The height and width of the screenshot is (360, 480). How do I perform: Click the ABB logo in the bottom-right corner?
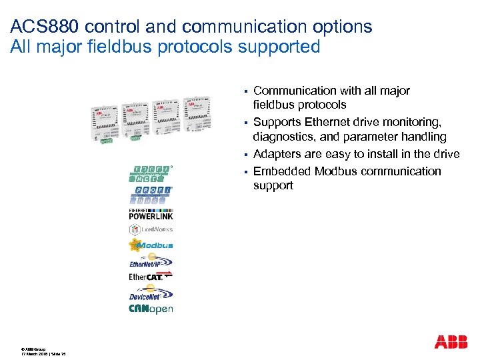[451, 342]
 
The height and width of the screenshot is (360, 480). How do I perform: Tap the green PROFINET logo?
[151, 173]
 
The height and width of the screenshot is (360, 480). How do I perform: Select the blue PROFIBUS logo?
[151, 195]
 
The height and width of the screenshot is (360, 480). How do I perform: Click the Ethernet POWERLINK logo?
[151, 214]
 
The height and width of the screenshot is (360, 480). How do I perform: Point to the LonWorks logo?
[151, 229]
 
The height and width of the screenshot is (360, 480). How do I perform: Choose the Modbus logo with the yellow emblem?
[151, 245]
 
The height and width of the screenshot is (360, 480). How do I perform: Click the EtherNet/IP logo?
[151, 261]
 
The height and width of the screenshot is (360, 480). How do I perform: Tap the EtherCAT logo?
[151, 276]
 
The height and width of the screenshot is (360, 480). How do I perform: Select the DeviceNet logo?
[151, 293]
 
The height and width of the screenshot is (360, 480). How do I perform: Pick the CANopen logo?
[151, 309]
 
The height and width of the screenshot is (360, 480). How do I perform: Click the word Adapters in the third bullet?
[277, 154]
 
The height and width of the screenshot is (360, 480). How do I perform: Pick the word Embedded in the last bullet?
[282, 171]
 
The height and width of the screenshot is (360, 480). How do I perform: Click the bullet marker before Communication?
[245, 91]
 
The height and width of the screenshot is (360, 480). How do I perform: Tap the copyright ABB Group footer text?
[33, 349]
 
